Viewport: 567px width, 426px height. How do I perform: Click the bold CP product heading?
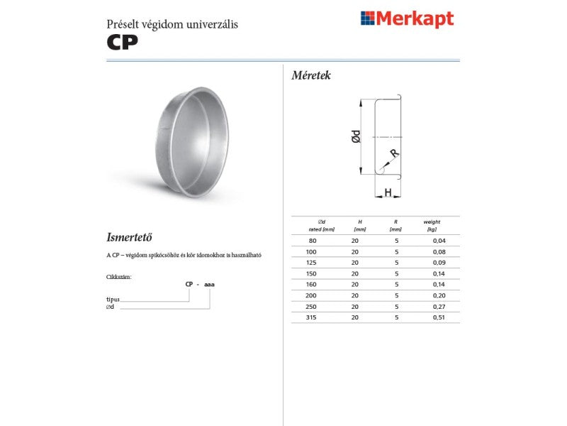click(122, 40)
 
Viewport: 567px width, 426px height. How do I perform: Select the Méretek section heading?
click(311, 75)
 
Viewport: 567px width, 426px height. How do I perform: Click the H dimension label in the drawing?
click(388, 192)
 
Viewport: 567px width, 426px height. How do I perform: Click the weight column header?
click(432, 222)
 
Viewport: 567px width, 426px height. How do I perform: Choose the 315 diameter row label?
click(310, 317)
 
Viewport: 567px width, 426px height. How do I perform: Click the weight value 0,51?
click(439, 317)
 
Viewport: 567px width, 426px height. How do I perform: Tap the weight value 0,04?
click(439, 241)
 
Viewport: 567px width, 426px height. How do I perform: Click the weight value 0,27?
click(439, 306)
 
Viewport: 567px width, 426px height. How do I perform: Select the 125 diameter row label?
click(310, 263)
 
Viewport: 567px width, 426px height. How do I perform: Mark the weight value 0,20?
click(439, 295)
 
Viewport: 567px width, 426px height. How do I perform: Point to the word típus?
click(113, 300)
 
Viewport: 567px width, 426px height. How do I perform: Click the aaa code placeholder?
click(209, 284)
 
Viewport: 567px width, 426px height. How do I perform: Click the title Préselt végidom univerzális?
click(172, 24)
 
